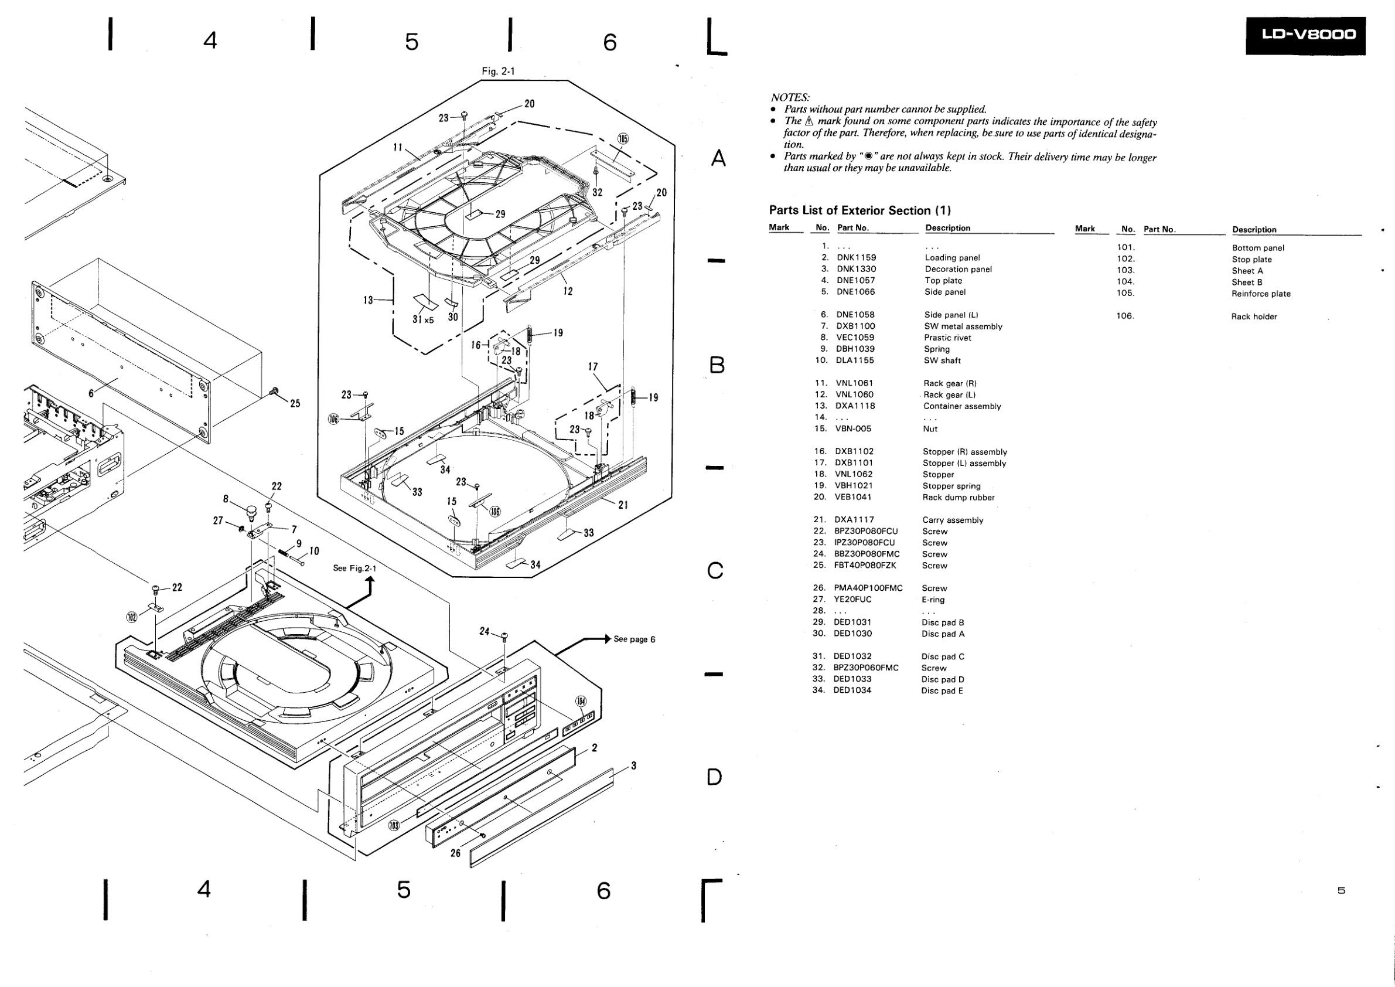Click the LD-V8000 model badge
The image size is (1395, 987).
point(1305,36)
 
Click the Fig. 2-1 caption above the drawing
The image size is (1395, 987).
point(498,72)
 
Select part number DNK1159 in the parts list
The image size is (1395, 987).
point(856,258)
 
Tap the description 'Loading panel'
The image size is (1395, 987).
point(952,258)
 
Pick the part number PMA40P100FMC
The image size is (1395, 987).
point(868,588)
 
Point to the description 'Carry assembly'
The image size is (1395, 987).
point(953,520)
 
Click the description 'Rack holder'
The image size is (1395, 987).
point(1254,316)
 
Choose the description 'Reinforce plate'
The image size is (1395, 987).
point(1261,294)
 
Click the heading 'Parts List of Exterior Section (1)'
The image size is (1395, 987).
point(859,210)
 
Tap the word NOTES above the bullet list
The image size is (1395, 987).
point(790,97)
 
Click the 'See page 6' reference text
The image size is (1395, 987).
point(635,639)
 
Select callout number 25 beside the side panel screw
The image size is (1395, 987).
point(295,404)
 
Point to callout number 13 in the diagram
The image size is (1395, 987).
point(368,299)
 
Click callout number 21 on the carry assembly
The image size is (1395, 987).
point(623,505)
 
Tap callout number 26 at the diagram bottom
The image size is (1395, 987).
point(456,853)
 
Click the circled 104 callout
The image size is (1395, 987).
point(581,702)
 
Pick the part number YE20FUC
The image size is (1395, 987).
point(852,600)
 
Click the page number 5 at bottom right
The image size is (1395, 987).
point(1341,891)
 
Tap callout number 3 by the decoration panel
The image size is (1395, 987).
point(634,766)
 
